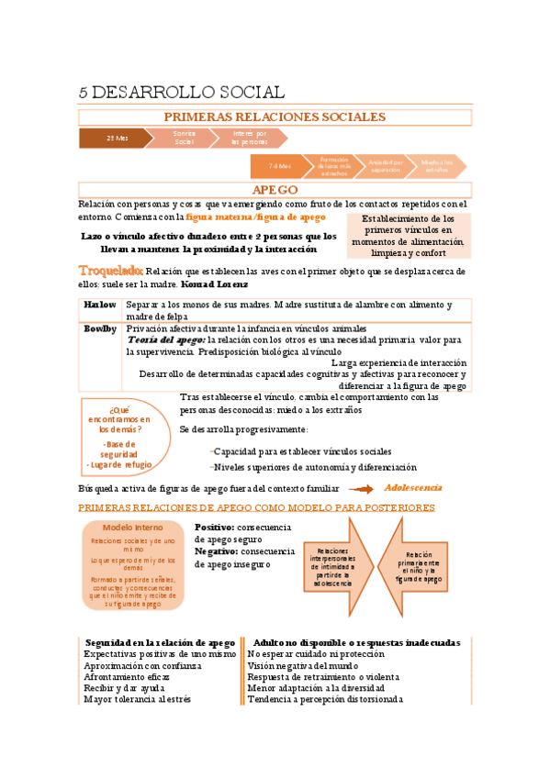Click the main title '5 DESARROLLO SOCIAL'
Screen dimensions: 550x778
tap(182, 92)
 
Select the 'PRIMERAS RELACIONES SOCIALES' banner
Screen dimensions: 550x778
tap(275, 117)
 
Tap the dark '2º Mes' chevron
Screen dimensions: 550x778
tap(117, 138)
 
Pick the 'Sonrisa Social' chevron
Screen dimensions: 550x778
tap(184, 138)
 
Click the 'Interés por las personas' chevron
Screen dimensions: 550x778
tap(248, 138)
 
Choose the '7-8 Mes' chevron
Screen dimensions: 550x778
tap(280, 166)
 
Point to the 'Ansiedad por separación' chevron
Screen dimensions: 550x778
tap(386, 166)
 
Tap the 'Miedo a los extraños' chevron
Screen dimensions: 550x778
tap(437, 166)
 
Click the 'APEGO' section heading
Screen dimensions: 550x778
tap(275, 189)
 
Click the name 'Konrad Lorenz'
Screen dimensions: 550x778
tap(221, 284)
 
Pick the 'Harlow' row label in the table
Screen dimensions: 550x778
tap(100, 304)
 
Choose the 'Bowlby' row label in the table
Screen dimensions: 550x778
tap(100, 328)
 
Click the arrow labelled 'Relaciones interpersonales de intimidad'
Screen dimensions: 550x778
tap(336, 566)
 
